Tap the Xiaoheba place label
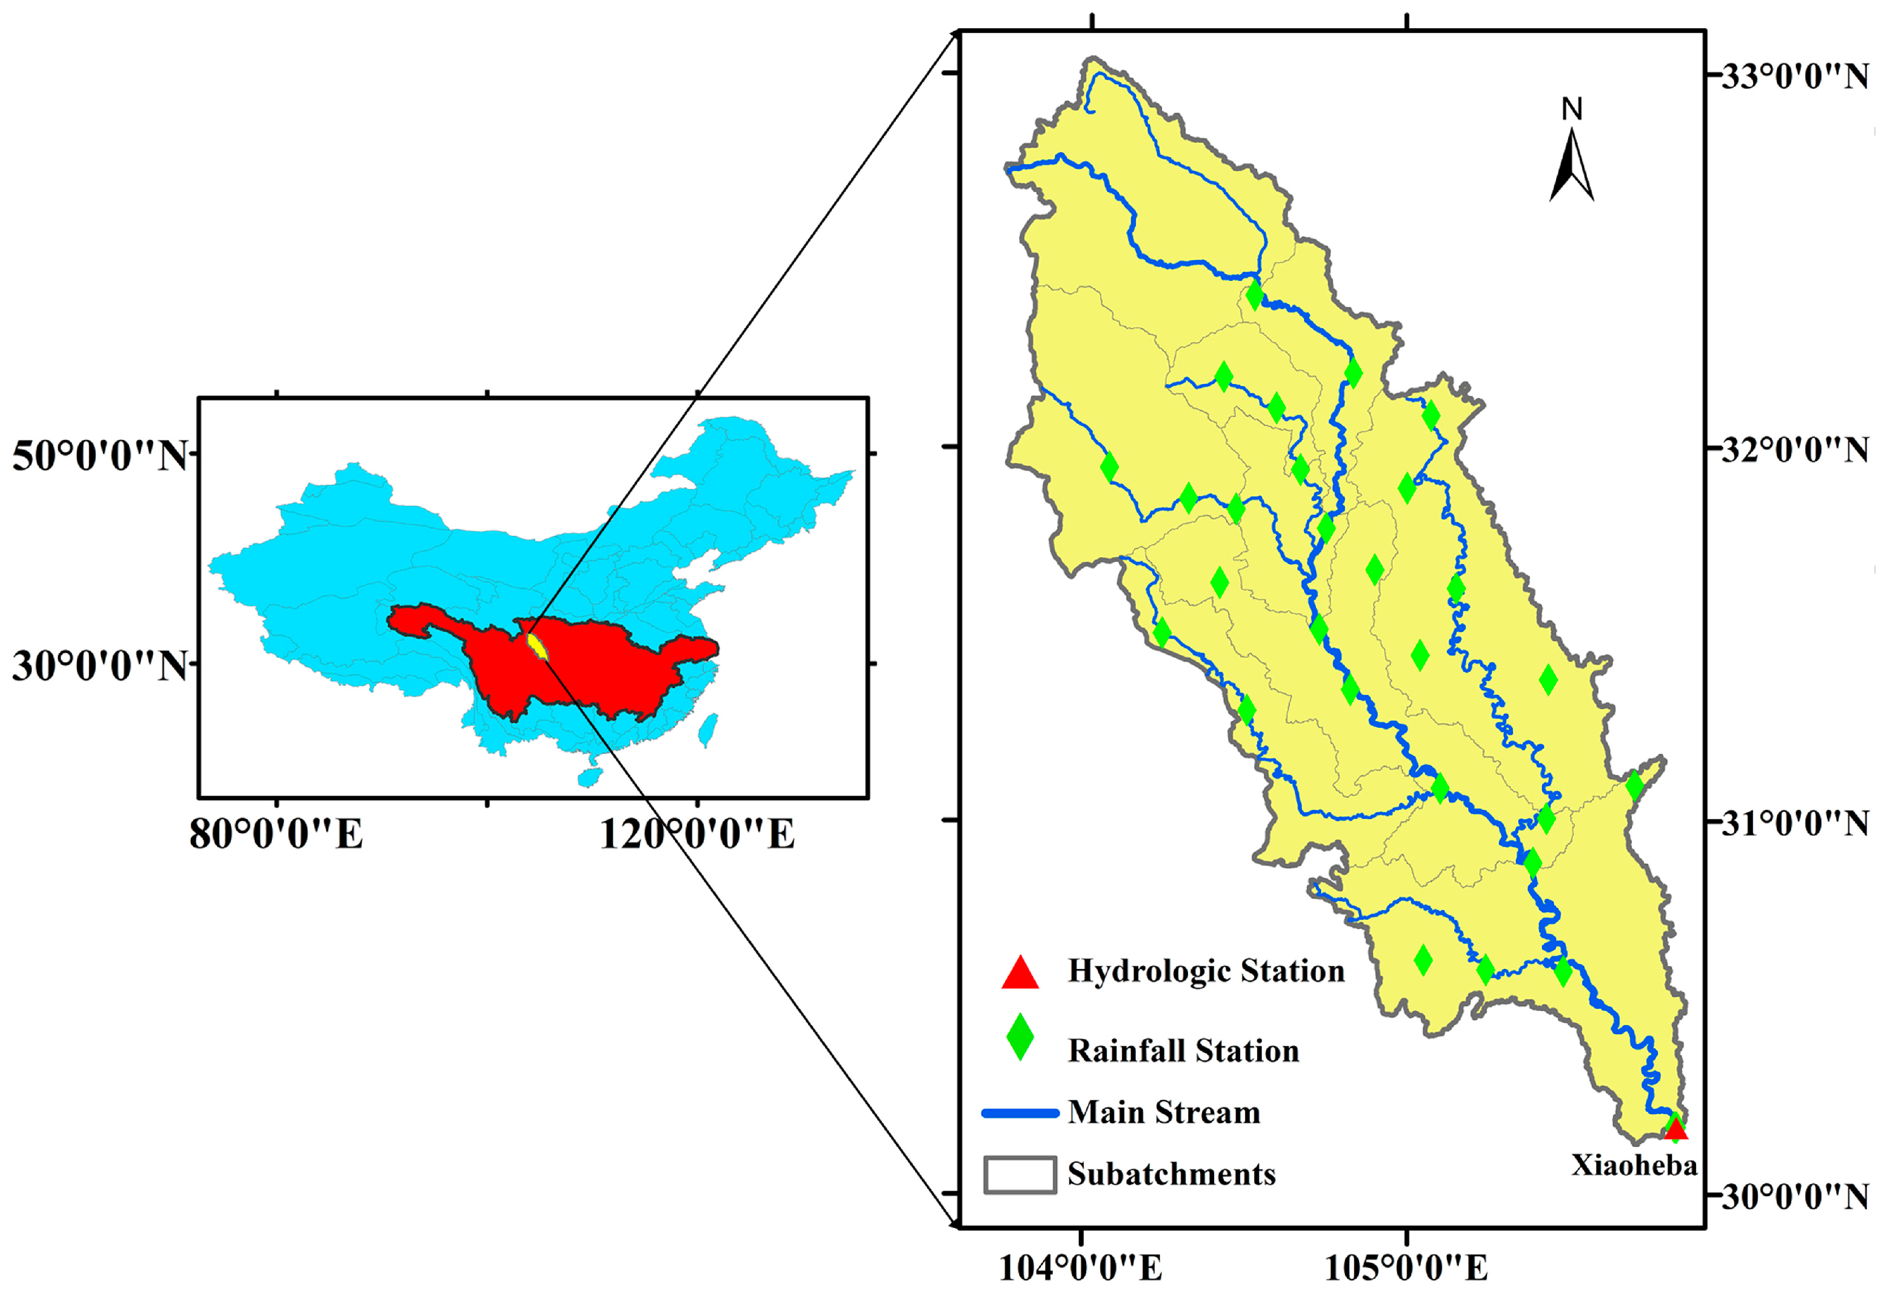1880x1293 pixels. pos(1633,1165)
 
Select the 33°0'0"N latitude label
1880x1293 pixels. pos(1793,77)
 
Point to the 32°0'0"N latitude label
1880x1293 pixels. pos(1793,450)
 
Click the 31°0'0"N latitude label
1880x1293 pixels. pos(1793,824)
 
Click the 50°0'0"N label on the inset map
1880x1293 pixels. pos(100,456)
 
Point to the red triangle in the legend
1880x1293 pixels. pos(1020,973)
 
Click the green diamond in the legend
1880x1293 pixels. pos(1020,1038)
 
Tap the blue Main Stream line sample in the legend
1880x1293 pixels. pos(1020,1113)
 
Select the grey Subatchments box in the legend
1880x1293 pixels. pos(1020,1175)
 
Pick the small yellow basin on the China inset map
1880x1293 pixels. pos(536,646)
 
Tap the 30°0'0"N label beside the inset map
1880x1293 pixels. pos(100,666)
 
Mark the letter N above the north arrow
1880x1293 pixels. pos(1571,109)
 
